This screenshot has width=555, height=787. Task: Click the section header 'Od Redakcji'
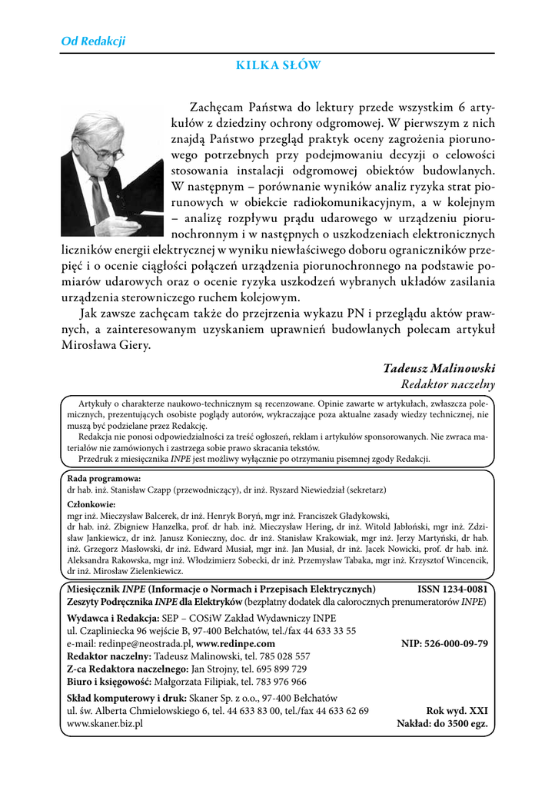point(93,42)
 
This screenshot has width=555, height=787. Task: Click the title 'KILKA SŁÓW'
point(278,66)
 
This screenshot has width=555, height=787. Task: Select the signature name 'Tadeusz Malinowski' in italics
point(439,368)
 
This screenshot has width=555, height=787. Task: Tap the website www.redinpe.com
point(235,644)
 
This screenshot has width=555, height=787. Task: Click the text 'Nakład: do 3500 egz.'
point(442,724)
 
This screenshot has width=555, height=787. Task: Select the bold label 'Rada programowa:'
point(99,478)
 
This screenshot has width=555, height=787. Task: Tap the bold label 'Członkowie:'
point(91,504)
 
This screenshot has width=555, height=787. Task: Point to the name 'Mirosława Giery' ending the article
point(105,345)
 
